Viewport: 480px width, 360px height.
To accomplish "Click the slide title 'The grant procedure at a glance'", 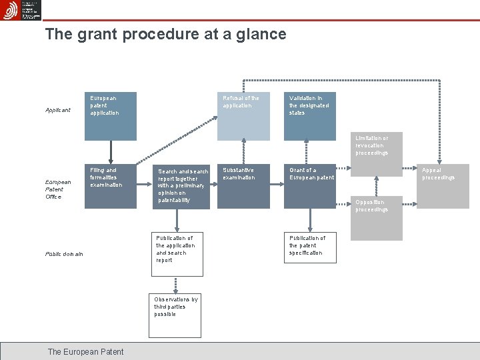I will pos(165,34).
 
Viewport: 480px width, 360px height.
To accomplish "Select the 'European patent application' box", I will pos(111,116).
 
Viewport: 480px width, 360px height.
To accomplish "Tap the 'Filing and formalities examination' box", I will pos(111,186).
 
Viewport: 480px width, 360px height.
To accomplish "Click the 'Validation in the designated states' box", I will pos(309,116).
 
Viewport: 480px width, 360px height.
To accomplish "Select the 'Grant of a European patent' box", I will pos(309,186).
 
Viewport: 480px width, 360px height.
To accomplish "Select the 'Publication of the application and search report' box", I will pos(177,254).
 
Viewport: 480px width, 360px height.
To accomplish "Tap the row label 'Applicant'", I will pos(58,110).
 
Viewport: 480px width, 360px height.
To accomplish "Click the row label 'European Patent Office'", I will pos(58,189).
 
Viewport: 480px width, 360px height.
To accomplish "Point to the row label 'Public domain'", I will pos(65,254).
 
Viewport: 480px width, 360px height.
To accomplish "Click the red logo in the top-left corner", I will pos(10,10).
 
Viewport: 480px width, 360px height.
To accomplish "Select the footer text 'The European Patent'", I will pos(85,351).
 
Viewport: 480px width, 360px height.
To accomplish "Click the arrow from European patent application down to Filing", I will pos(111,152).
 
